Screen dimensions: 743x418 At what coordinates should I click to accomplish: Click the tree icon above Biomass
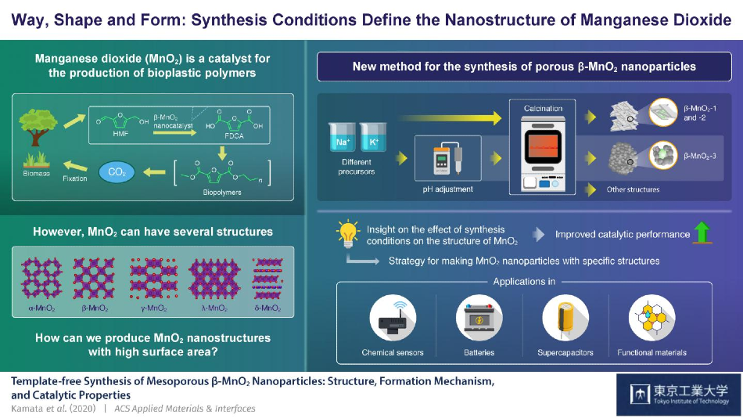(38, 127)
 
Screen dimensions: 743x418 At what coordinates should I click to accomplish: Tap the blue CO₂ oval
(117, 171)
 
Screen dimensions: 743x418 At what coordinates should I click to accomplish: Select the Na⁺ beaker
(342, 138)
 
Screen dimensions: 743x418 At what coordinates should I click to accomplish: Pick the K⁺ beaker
(373, 138)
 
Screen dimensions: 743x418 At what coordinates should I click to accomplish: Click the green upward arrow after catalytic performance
(702, 233)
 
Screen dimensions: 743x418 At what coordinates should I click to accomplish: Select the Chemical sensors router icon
(393, 318)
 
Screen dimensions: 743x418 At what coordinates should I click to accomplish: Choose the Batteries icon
(479, 318)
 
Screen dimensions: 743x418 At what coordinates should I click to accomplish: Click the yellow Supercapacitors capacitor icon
(565, 318)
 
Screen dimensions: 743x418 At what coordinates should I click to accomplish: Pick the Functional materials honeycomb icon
(651, 318)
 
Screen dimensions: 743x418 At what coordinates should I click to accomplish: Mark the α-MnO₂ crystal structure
(41, 278)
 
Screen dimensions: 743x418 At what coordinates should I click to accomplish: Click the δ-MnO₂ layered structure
(267, 278)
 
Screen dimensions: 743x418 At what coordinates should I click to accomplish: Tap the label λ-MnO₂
(214, 308)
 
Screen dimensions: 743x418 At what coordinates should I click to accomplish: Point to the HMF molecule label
(120, 134)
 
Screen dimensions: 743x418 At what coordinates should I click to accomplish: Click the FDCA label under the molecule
(234, 136)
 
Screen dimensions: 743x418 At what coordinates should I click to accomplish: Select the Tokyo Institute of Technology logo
(679, 395)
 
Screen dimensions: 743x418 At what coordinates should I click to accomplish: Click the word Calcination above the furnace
(543, 108)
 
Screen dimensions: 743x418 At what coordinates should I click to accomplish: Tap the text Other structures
(633, 189)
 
